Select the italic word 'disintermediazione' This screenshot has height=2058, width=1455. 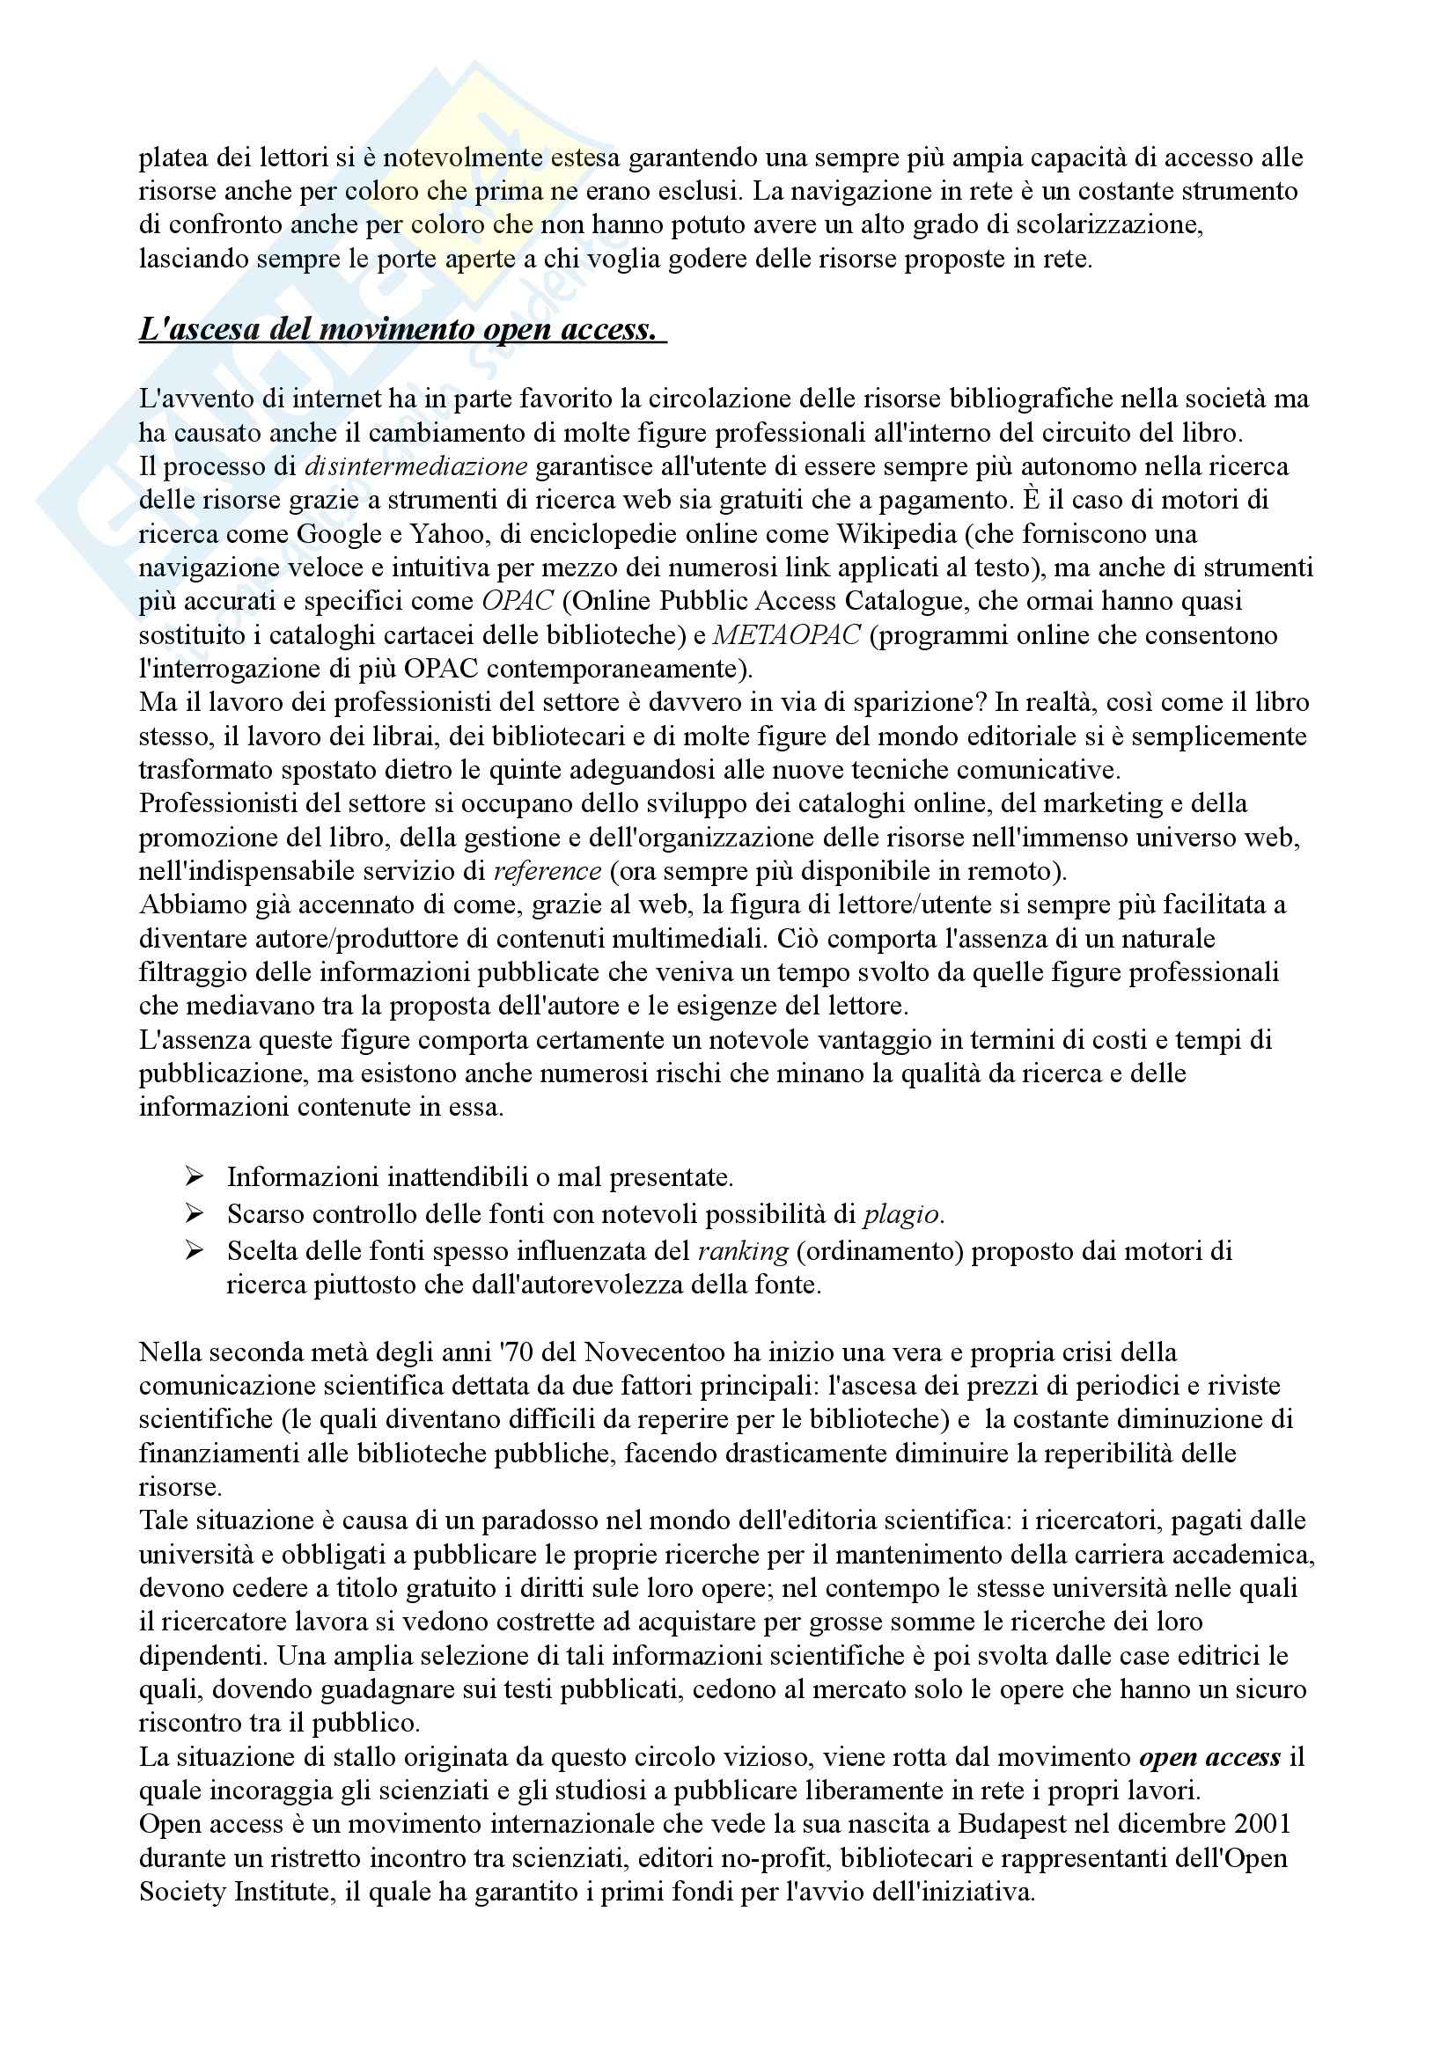416,466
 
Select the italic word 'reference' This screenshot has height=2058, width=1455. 547,870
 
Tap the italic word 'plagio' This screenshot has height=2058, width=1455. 902,1214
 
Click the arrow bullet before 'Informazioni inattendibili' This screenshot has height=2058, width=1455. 195,1176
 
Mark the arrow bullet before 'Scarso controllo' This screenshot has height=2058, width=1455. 195,1213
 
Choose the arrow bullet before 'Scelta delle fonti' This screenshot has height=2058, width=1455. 195,1250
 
